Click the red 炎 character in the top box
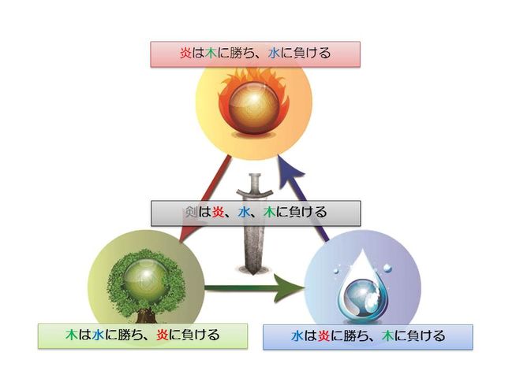pyautogui.click(x=187, y=54)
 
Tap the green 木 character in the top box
pyautogui.click(x=212, y=54)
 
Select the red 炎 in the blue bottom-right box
pyautogui.click(x=324, y=336)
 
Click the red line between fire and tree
pyautogui.click(x=204, y=197)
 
